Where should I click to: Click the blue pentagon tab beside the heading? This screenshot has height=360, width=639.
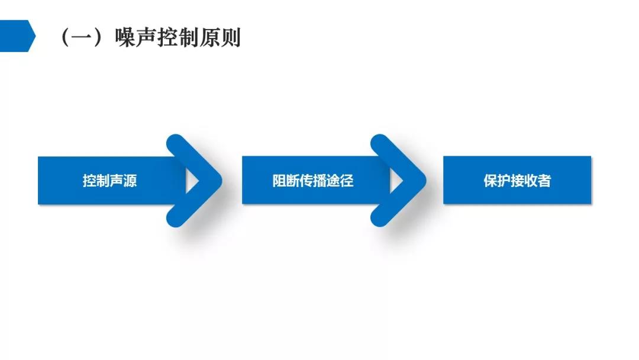17,36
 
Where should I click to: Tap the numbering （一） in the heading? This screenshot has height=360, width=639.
82,37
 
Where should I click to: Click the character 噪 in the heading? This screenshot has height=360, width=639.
125,37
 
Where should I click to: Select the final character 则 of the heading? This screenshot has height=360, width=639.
230,37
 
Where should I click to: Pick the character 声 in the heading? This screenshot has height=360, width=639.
146,37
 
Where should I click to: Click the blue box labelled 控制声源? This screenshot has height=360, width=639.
110,180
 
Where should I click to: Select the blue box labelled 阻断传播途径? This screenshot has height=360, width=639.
313,180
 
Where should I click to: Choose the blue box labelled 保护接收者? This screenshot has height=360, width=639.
517,180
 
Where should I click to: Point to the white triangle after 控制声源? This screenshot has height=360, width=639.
191,181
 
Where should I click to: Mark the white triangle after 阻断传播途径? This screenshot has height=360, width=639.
395,181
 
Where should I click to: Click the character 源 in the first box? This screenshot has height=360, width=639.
130,180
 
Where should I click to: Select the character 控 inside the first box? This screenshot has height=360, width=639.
89,180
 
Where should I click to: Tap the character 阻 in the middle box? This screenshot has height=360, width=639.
279,180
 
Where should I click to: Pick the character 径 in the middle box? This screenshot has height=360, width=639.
347,180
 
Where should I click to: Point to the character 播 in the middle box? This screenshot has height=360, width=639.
320,180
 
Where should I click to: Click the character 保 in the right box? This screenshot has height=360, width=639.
490,180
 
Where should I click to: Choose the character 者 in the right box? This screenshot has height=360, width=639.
544,180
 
